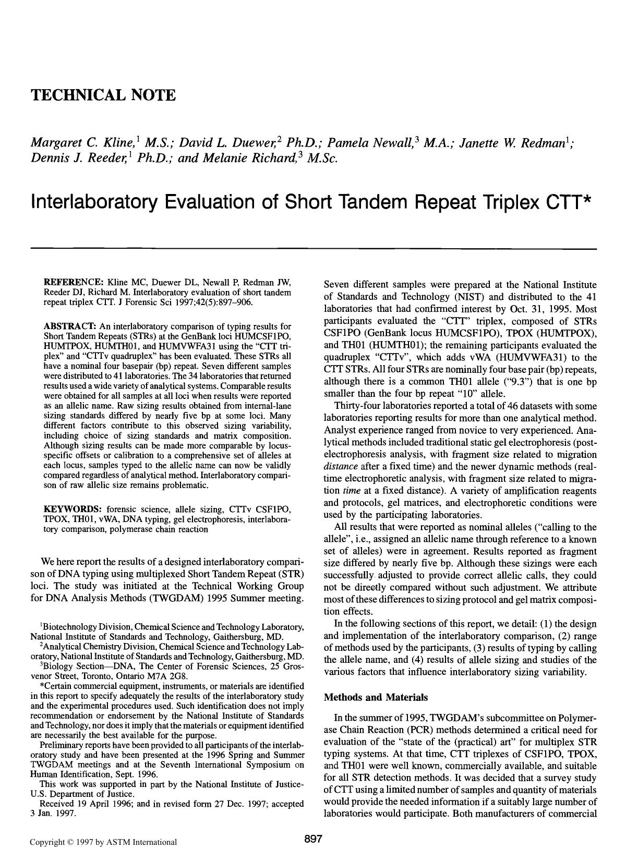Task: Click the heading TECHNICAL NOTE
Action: coord(103,95)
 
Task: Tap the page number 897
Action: coord(313,839)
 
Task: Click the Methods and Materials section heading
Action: coord(376,697)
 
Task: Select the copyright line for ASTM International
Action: coord(103,842)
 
